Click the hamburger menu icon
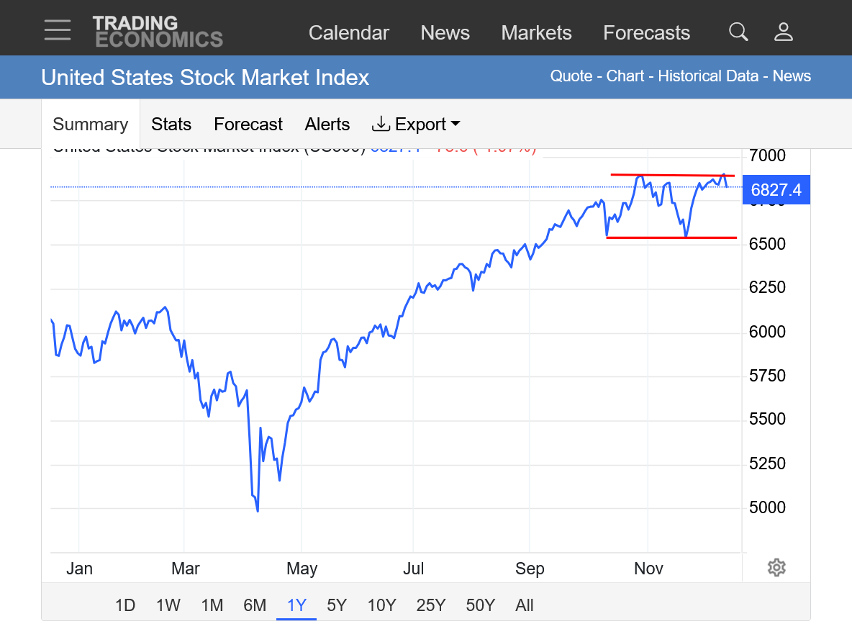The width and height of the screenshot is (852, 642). point(57,30)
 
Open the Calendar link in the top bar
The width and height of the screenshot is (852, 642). point(348,33)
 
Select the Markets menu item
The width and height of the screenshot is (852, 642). point(536,33)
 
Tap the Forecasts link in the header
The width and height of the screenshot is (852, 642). point(646,33)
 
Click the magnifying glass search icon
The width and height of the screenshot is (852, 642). point(738,32)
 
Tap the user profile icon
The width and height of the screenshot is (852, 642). point(783,32)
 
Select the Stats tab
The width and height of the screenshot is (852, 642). point(171,125)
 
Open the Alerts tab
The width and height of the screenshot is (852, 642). point(327,125)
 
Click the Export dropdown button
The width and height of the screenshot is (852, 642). point(416,125)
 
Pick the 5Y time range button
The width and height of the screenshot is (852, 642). point(337,605)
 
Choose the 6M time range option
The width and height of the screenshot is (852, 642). point(255,605)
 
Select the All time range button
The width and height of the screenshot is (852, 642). point(525,605)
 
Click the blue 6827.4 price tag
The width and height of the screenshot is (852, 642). point(776,190)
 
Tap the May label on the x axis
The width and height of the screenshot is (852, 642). point(302,569)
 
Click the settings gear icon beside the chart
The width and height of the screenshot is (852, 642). point(776,567)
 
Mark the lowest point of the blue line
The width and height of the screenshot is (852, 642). point(258,511)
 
